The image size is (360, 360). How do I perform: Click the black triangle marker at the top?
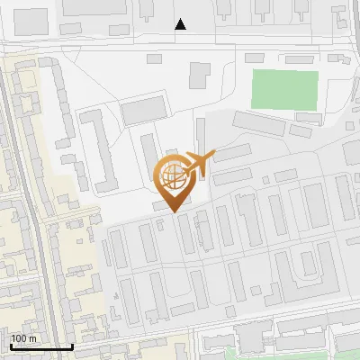pos(181,24)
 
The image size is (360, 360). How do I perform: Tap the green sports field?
pos(284,90)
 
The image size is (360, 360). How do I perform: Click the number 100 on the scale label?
pos(19,338)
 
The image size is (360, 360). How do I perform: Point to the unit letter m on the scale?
pos(31,338)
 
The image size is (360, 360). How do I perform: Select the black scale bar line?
pos(41,346)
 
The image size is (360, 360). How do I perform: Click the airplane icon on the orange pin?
pos(197,165)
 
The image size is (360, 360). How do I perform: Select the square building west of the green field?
pos(198,76)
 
